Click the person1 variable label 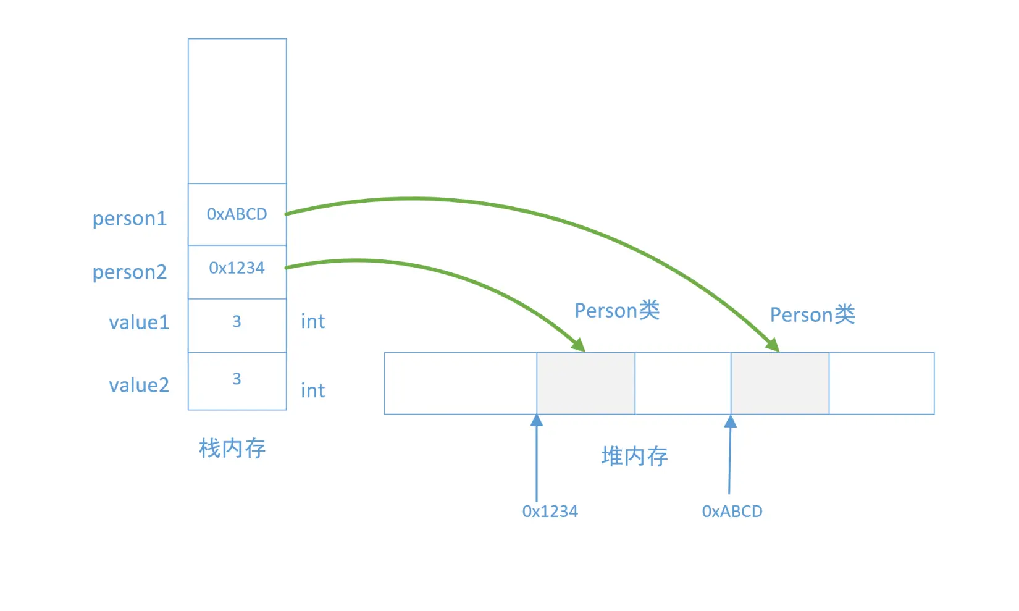click(x=130, y=219)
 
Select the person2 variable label click(x=130, y=272)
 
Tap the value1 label click(x=139, y=322)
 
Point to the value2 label click(x=139, y=386)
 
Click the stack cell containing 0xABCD click(x=237, y=214)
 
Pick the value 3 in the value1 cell click(x=237, y=321)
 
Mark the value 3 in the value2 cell click(x=237, y=379)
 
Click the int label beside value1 click(x=312, y=321)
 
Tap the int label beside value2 click(x=312, y=390)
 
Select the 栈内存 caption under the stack click(x=232, y=449)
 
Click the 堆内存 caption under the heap click(x=634, y=457)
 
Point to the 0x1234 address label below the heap click(x=550, y=512)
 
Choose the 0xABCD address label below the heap click(x=732, y=512)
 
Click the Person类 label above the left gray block click(x=617, y=310)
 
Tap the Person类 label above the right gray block click(x=812, y=314)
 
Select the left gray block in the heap click(x=585, y=384)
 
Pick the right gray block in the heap click(x=780, y=384)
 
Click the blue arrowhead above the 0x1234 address click(x=537, y=420)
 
